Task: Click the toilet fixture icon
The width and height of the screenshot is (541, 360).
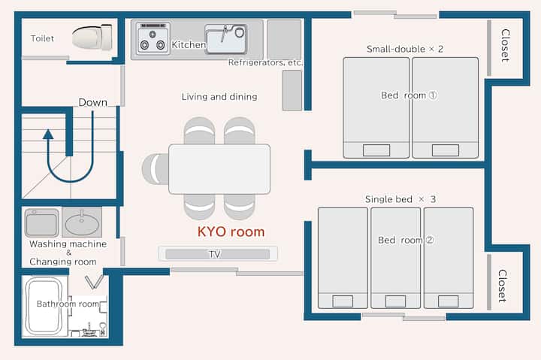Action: [92, 37]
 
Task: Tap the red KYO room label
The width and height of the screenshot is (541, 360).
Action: [231, 231]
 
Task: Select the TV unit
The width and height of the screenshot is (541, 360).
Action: [218, 254]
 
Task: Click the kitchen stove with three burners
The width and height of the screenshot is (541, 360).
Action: [153, 38]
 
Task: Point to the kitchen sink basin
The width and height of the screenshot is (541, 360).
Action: [226, 39]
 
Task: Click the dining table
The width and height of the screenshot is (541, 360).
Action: [219, 169]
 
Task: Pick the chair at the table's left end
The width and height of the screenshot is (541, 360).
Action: [156, 169]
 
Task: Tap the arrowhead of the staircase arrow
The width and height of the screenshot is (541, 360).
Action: [48, 135]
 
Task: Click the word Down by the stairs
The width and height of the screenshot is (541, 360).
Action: [93, 102]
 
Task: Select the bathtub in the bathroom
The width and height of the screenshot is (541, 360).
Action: [44, 306]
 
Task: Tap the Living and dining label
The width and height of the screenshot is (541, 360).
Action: [219, 97]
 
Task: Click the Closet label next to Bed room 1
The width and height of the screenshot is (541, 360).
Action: [505, 45]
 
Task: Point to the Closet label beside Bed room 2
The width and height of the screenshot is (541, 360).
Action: [503, 286]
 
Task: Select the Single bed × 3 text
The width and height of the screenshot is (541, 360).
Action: [400, 199]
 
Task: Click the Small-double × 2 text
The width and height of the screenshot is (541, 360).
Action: [405, 49]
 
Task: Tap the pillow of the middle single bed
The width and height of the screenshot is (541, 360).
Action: [395, 301]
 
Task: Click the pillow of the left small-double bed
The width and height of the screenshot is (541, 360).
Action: [376, 150]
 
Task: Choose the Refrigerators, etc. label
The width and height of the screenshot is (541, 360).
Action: [265, 62]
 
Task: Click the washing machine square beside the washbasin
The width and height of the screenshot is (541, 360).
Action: [42, 222]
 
